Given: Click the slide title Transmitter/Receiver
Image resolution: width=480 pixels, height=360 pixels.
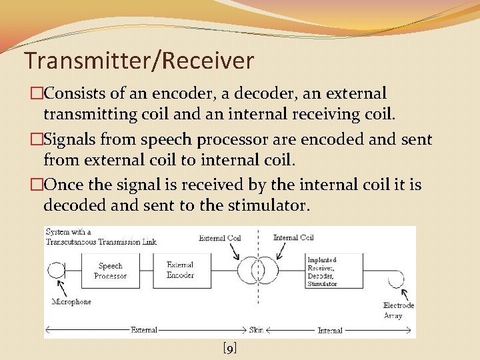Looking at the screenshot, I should click(x=139, y=61).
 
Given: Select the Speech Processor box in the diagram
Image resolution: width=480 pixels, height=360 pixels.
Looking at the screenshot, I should click(x=110, y=271).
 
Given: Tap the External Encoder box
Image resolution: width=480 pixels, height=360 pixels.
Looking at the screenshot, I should click(x=180, y=270).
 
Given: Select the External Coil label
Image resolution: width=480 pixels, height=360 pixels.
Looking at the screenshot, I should click(x=219, y=237).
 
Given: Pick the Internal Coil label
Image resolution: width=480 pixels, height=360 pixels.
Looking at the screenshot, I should click(x=293, y=237).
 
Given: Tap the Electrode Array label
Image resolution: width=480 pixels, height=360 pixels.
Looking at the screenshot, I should click(x=398, y=310).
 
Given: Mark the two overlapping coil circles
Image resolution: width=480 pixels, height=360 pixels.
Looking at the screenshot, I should click(x=257, y=271).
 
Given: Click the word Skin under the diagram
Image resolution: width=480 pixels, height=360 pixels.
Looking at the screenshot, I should click(x=257, y=330).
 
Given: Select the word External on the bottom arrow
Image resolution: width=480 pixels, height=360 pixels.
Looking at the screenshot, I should click(x=143, y=330).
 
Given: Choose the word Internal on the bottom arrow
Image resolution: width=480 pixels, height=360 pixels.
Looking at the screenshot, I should click(x=330, y=330).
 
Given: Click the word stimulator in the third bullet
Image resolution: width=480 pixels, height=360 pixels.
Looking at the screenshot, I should click(x=267, y=205).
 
